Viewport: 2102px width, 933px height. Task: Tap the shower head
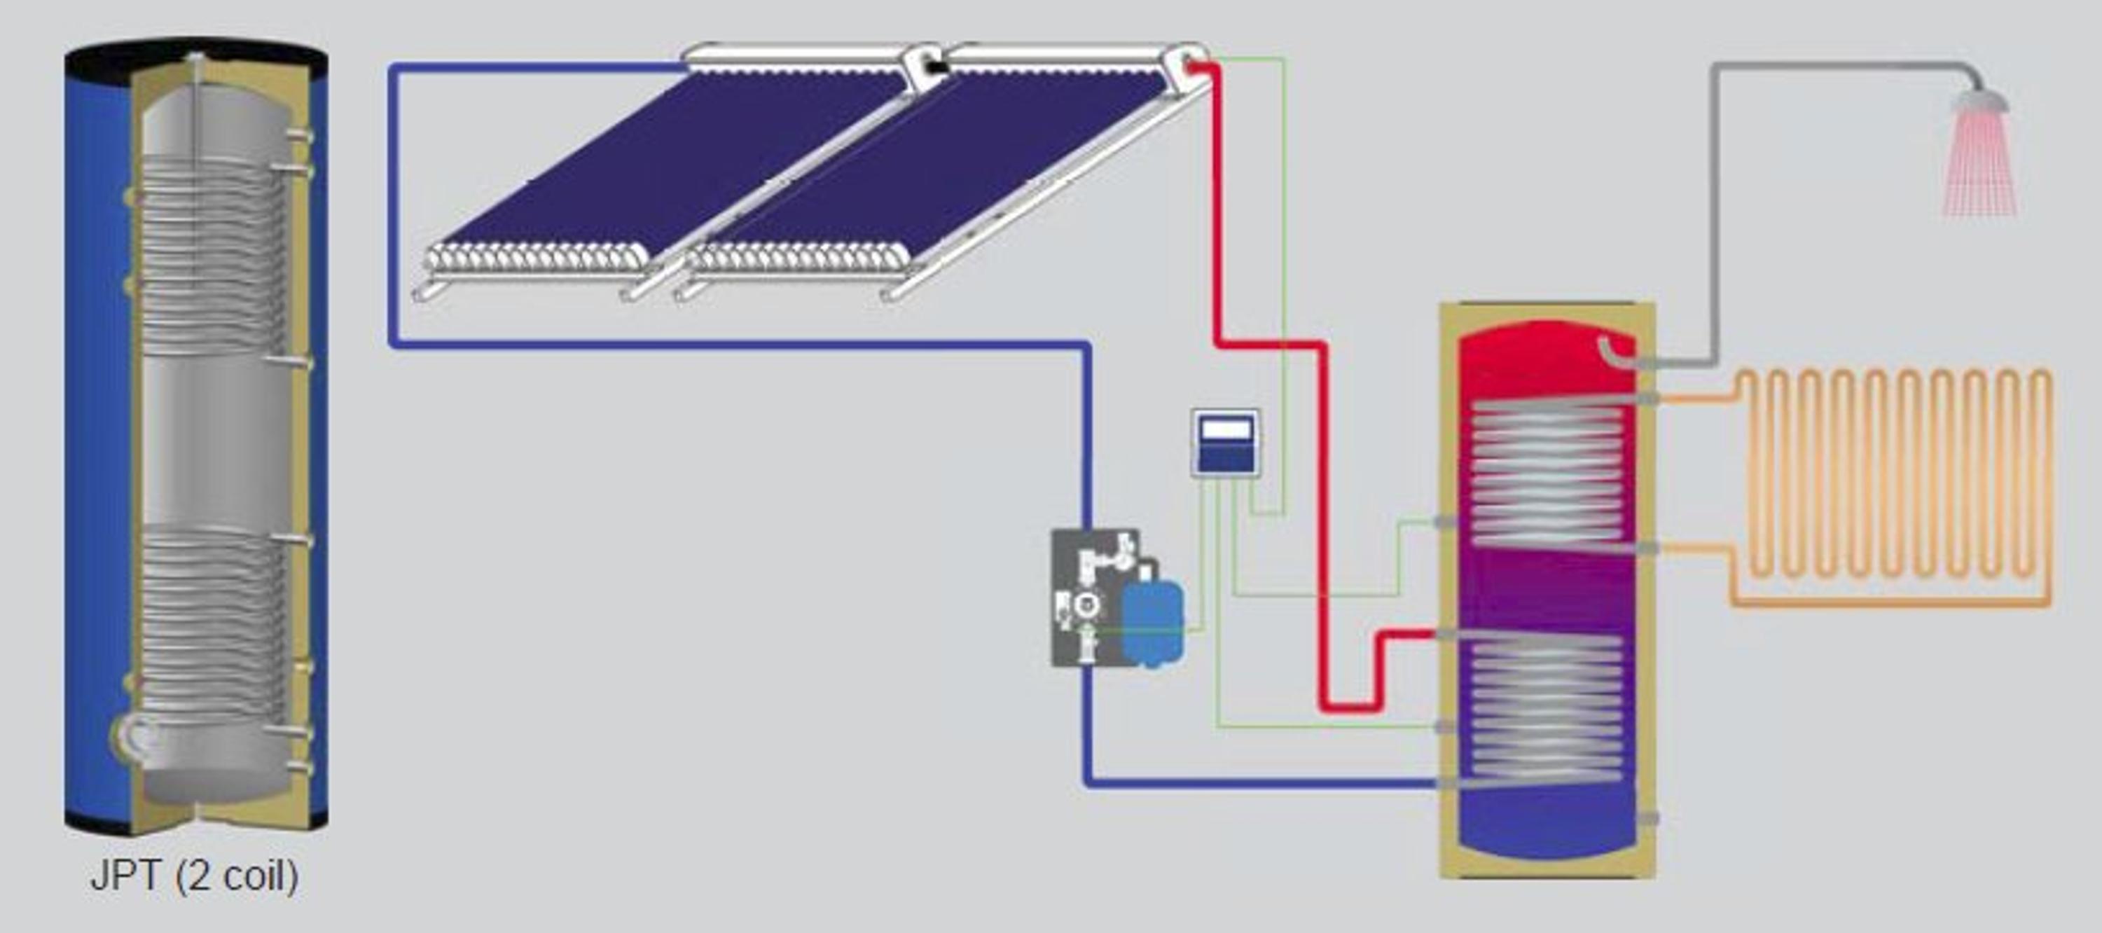point(1979,99)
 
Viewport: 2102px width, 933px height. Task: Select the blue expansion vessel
point(1152,621)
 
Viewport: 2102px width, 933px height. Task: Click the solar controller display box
point(1225,443)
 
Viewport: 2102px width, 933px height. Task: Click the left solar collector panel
point(669,163)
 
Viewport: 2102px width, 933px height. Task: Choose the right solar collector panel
point(939,163)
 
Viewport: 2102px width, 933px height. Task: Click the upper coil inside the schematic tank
point(1547,474)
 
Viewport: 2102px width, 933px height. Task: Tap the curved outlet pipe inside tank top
point(1616,352)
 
